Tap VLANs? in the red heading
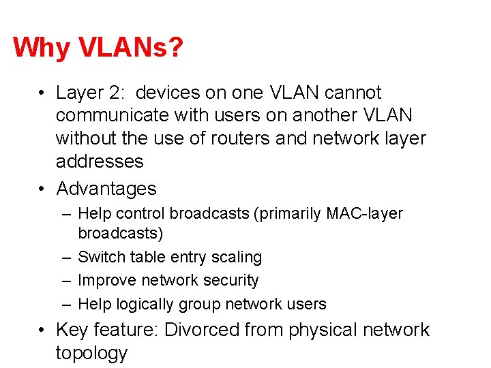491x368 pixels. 130,48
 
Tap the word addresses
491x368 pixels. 100,162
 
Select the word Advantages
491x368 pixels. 106,189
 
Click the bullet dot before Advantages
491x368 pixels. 42,189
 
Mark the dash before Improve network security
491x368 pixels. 64,281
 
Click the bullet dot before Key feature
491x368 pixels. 42,331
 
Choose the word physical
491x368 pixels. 321,331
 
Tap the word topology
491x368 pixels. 91,353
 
